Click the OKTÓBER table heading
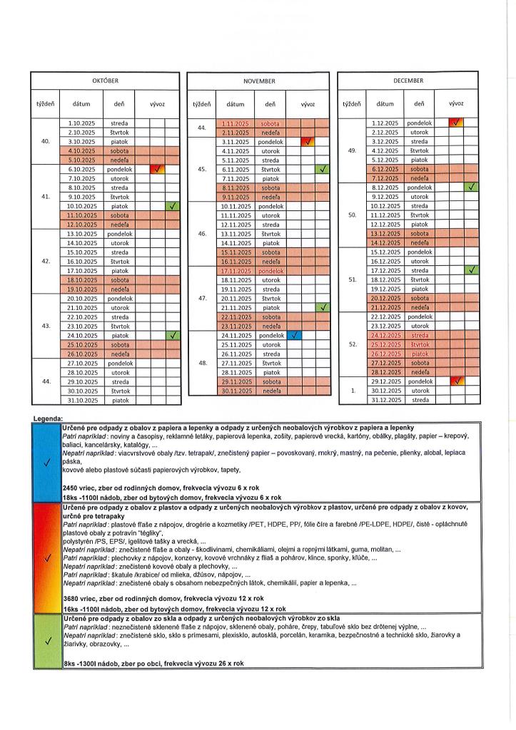click(106, 81)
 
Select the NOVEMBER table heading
click(259, 81)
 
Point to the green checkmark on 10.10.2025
click(172, 206)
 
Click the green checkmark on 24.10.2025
click(172, 335)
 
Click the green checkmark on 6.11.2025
click(323, 170)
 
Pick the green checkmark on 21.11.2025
click(323, 307)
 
